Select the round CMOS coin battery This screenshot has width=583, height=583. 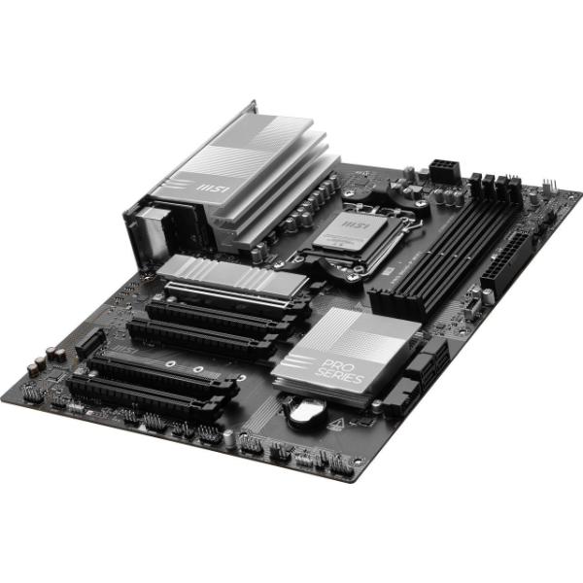(303, 408)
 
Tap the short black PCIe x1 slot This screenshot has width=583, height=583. (89, 341)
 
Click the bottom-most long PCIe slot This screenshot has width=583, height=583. (146, 394)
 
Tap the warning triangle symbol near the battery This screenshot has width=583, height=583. (336, 421)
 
